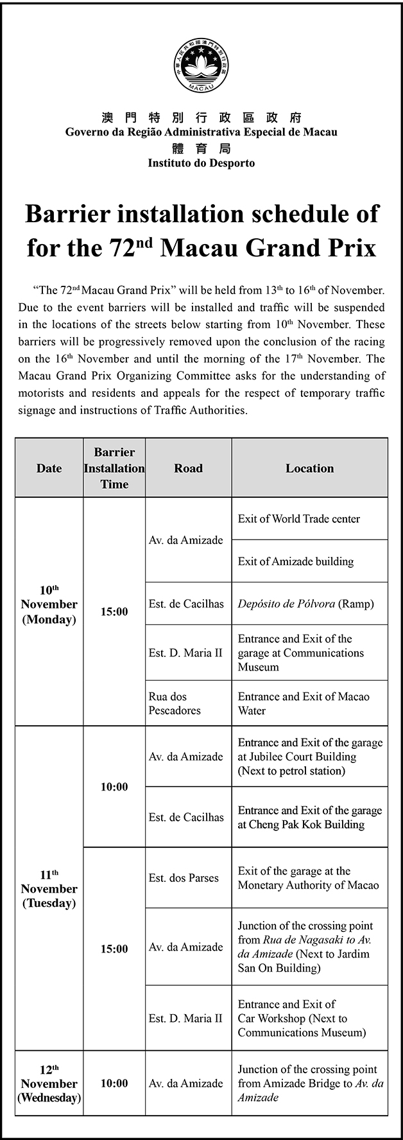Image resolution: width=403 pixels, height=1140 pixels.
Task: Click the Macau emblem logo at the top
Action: click(x=201, y=66)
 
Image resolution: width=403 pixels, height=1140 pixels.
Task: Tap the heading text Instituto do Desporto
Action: click(x=201, y=163)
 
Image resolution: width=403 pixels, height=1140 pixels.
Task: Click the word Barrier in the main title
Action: click(x=68, y=214)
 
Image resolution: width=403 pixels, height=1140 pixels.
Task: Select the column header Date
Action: click(x=49, y=468)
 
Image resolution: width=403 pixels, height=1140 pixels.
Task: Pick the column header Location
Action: click(x=309, y=468)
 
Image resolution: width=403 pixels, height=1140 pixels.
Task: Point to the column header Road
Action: click(x=188, y=468)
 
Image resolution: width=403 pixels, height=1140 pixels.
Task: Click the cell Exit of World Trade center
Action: click(x=299, y=519)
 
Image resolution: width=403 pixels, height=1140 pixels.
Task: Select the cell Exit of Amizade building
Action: click(x=296, y=561)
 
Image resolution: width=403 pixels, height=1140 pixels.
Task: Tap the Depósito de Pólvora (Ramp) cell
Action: click(x=305, y=604)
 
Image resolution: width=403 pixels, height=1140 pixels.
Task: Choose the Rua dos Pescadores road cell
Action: click(x=175, y=703)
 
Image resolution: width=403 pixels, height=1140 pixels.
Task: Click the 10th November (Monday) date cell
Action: click(x=49, y=604)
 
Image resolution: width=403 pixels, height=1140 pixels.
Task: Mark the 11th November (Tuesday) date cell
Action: click(x=49, y=889)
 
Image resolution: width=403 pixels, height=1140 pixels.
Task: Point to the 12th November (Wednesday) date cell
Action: click(x=49, y=1083)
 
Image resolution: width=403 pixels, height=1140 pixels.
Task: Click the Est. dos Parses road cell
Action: click(x=184, y=878)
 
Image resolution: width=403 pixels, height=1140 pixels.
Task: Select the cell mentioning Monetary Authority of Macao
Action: click(x=308, y=878)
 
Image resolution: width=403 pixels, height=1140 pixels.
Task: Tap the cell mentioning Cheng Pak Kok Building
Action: click(x=309, y=817)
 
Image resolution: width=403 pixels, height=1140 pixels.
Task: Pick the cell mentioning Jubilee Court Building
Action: click(x=309, y=757)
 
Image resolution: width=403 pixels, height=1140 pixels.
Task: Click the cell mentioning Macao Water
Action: click(x=304, y=703)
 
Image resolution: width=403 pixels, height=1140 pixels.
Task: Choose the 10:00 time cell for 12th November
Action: click(x=114, y=1083)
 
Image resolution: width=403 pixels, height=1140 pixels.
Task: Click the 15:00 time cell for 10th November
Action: click(x=114, y=611)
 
